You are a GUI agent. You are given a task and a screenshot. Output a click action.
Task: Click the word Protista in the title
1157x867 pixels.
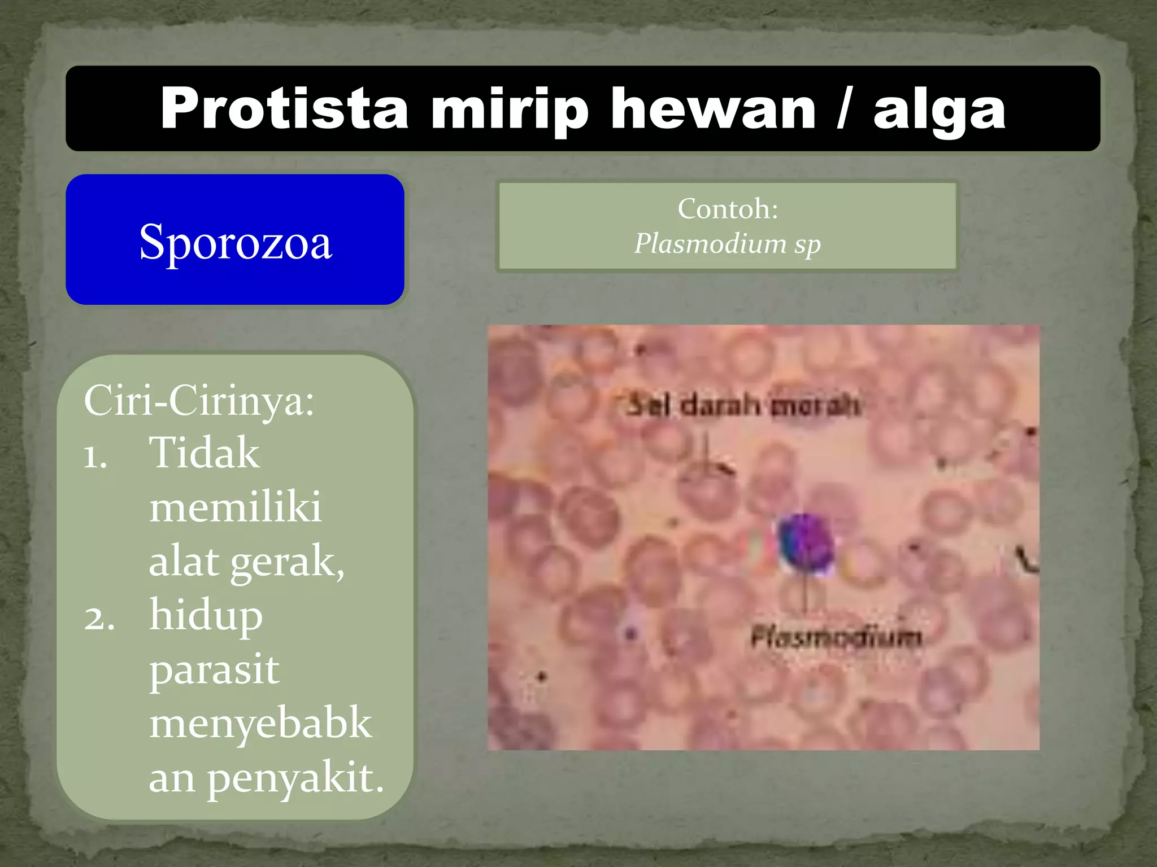(x=284, y=109)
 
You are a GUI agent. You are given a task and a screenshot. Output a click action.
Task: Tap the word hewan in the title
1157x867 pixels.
(x=713, y=109)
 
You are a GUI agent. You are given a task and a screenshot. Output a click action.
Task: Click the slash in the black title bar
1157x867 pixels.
(x=843, y=109)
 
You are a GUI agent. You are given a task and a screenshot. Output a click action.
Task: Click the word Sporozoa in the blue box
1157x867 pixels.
(x=235, y=242)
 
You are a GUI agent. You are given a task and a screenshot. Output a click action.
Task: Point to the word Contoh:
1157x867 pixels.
(x=728, y=209)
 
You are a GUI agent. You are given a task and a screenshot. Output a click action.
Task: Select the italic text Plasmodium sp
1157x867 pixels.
(x=727, y=244)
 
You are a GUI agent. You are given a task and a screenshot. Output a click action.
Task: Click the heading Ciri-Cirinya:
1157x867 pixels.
(x=199, y=401)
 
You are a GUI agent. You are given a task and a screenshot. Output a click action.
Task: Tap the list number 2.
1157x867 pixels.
(x=99, y=618)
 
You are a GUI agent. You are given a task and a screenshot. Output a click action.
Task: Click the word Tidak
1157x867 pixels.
(x=204, y=453)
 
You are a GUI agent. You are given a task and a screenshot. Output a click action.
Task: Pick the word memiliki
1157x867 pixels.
(x=235, y=507)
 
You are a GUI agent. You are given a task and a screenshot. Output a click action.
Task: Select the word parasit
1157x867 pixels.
(x=214, y=669)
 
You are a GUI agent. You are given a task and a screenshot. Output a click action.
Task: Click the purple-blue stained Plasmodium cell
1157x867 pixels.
(x=805, y=542)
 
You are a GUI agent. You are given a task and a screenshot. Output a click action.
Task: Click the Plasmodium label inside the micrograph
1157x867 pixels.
(x=836, y=637)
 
